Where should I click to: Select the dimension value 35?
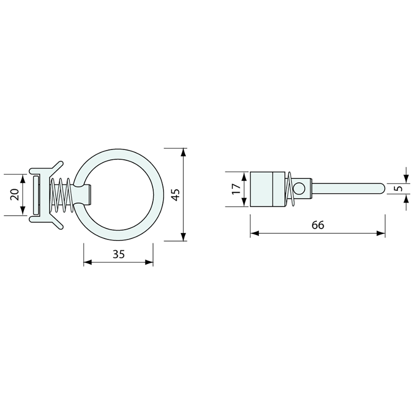pos(119,254)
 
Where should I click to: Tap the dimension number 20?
pos(15,195)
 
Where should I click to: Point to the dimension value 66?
pos(318,225)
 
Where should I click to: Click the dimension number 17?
pos(236,189)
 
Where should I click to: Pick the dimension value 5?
pos(399,189)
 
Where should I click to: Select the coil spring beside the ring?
pos(61,195)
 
